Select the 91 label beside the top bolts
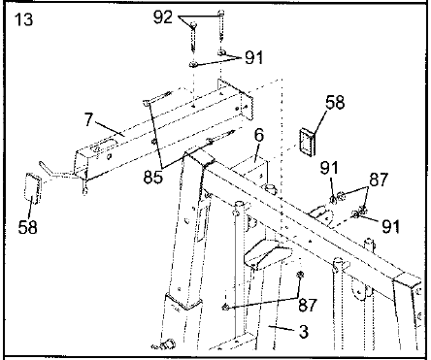252,57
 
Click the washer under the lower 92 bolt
195,65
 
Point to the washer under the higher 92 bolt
222,50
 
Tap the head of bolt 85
149,101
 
